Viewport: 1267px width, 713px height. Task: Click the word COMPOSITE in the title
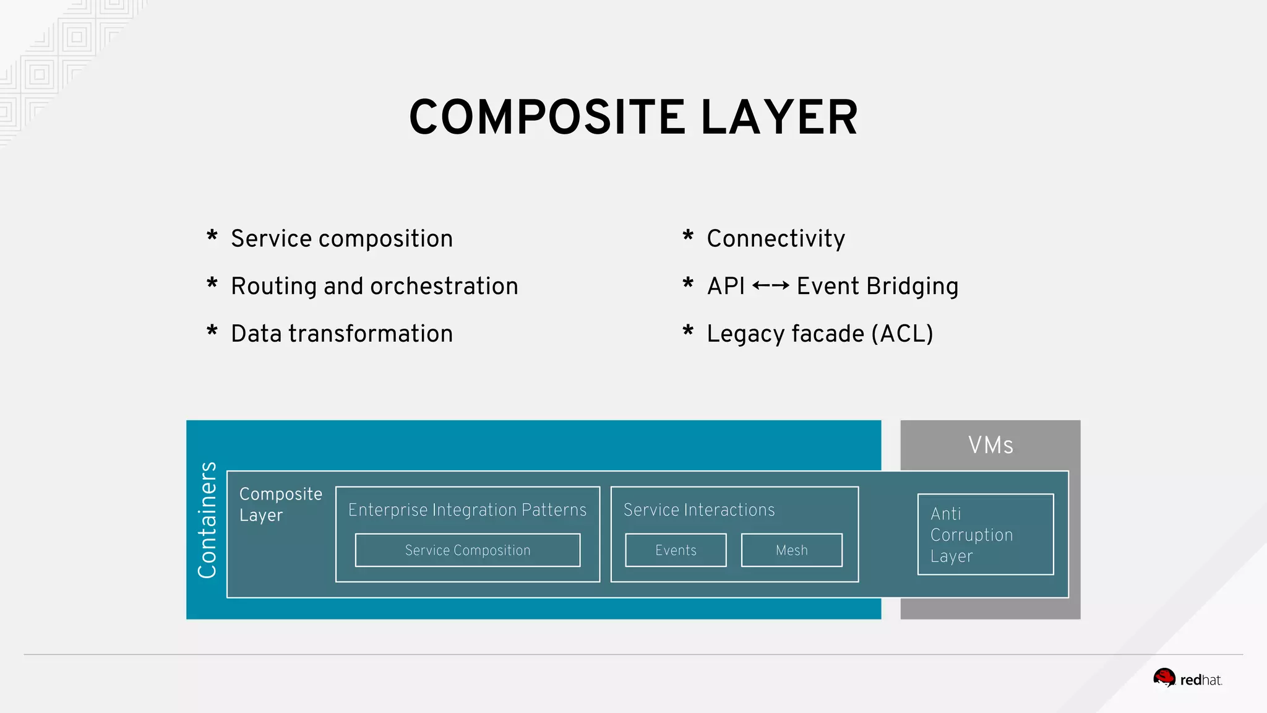pos(547,118)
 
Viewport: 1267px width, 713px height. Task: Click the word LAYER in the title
pos(780,118)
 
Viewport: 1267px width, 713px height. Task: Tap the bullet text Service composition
pos(341,239)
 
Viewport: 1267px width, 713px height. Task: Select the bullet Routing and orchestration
pos(374,287)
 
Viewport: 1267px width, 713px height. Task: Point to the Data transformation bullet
pos(341,334)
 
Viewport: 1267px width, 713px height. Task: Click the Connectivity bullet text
pos(776,239)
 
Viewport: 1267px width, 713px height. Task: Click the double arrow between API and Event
pos(771,286)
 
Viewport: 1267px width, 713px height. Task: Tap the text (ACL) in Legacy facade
pos(902,334)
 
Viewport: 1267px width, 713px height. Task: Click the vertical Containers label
pos(207,520)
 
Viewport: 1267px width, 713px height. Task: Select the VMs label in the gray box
pos(990,446)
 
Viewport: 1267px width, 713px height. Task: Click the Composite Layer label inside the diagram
pos(280,504)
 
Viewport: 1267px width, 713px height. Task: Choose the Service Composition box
pos(468,550)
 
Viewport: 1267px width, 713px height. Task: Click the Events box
pos(676,550)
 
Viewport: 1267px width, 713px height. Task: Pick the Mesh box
pos(792,550)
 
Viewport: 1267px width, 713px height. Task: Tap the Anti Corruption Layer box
pos(985,535)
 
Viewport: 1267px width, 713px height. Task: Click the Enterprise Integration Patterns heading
pos(467,510)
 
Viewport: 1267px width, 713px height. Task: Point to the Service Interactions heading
pos(699,510)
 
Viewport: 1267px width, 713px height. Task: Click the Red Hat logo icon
pos(1164,678)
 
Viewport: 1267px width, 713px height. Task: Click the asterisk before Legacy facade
pos(688,332)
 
